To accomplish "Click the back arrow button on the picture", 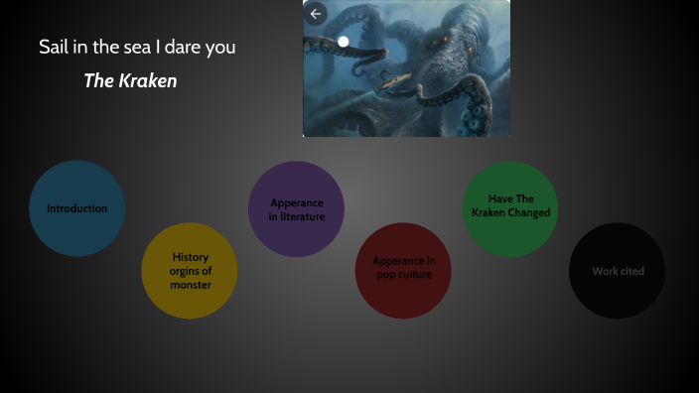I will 317,14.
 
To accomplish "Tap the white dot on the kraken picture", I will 344,42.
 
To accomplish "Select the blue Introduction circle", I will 77,208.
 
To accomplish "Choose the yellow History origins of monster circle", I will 190,271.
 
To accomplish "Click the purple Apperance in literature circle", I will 296,209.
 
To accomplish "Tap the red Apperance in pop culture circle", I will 403,270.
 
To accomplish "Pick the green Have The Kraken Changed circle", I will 510,208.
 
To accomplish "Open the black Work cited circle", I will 617,271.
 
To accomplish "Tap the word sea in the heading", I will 129,47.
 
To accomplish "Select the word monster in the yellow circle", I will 191,285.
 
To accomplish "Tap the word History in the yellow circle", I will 191,257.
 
